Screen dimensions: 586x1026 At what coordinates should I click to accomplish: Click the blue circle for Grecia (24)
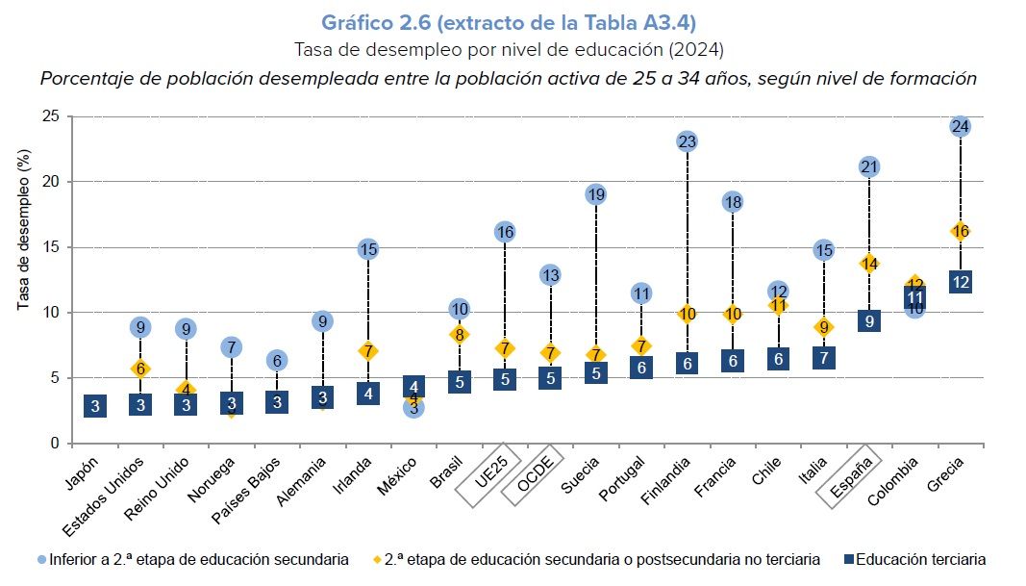click(960, 126)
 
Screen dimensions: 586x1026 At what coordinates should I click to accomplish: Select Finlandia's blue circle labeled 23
click(687, 141)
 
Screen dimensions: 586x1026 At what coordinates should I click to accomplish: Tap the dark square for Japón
click(95, 405)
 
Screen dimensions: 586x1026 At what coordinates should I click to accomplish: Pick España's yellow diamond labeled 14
click(869, 264)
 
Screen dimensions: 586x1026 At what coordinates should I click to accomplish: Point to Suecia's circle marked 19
click(595, 194)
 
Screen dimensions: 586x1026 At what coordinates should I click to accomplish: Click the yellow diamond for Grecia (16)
click(960, 231)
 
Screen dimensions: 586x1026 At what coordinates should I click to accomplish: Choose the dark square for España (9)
click(869, 320)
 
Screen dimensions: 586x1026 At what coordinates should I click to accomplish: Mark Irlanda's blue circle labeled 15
click(368, 249)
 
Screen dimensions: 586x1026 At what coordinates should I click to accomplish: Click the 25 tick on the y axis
click(51, 116)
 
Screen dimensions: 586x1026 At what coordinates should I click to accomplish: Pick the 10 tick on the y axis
click(51, 313)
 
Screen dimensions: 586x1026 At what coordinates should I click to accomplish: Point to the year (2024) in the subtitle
click(697, 48)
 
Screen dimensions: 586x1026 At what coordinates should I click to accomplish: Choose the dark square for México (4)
click(413, 388)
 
